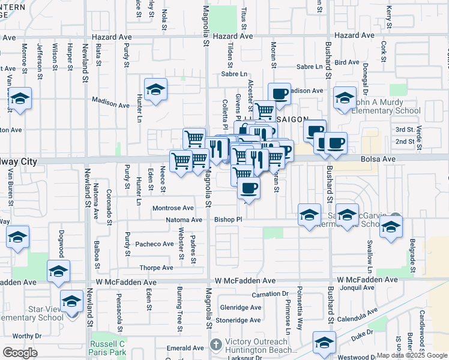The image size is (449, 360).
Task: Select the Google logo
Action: click(20, 353)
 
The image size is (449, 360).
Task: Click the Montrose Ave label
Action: click(173, 208)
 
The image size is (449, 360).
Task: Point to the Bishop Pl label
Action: click(228, 220)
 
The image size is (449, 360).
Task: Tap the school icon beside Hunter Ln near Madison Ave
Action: click(156, 89)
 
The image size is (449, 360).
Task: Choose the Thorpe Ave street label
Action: click(156, 268)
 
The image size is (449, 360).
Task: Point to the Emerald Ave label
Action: click(185, 348)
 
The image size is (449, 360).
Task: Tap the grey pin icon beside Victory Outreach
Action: click(216, 344)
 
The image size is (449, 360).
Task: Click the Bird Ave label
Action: click(347, 62)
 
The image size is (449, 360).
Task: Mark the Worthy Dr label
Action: click(26, 336)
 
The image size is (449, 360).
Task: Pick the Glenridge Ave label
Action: click(241, 307)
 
